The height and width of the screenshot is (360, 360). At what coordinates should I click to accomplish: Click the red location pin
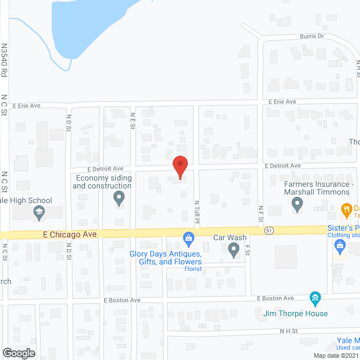(179, 166)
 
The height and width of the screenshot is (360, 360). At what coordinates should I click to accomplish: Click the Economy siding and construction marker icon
(119, 197)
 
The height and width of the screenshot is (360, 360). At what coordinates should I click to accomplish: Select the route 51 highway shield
(269, 231)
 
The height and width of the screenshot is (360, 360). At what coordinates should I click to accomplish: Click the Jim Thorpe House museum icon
(315, 296)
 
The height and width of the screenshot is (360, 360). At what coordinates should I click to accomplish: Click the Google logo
(18, 353)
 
